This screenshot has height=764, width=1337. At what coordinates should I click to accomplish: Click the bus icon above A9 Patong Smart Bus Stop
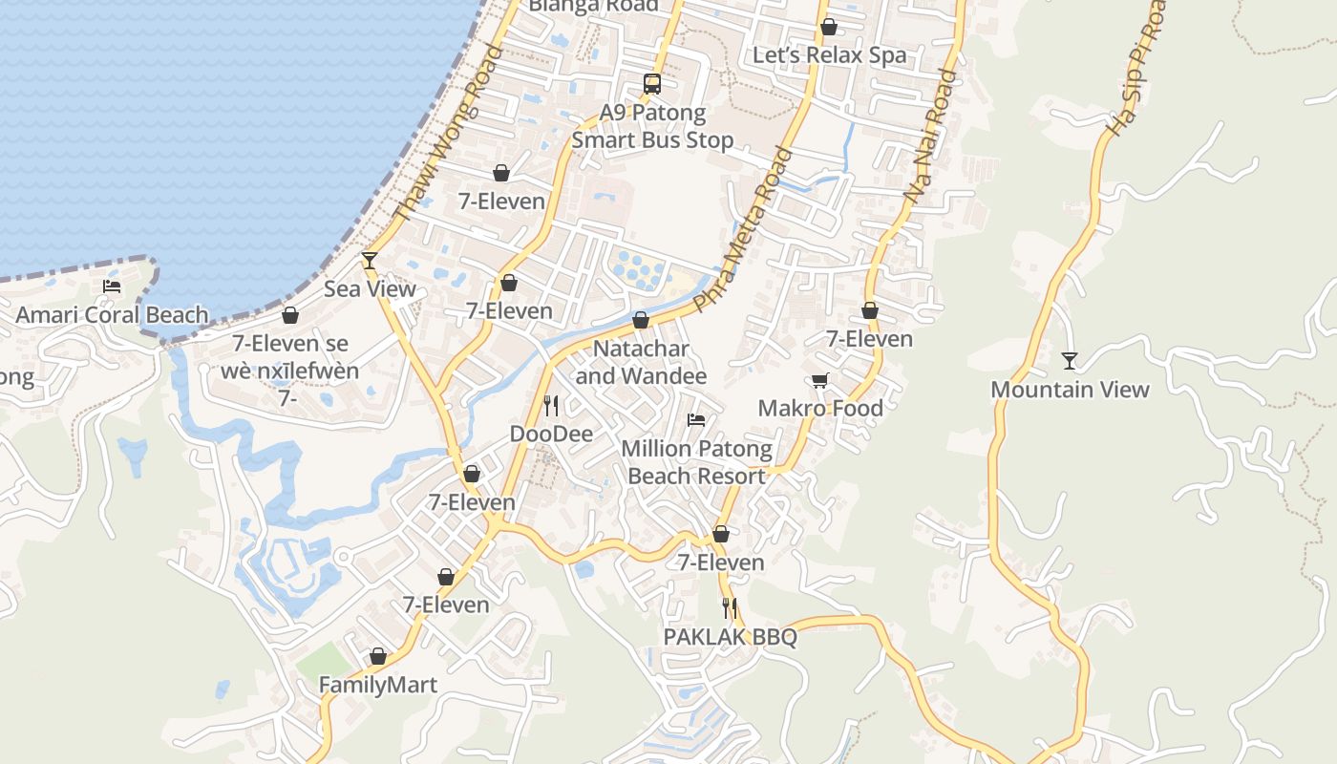tap(652, 84)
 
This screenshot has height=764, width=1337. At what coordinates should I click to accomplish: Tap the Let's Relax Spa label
tap(829, 55)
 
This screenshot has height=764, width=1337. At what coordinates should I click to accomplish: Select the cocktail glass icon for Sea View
tap(370, 260)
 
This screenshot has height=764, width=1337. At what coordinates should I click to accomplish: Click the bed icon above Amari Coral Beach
tap(112, 286)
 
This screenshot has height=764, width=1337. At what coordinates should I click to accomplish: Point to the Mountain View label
tap(1070, 390)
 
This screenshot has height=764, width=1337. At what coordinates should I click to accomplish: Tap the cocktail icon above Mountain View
tap(1070, 361)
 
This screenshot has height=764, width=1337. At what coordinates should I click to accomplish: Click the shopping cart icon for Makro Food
tap(819, 381)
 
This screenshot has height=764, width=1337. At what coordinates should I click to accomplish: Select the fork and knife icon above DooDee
tap(551, 406)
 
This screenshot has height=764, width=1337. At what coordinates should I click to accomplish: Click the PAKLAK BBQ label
tap(731, 637)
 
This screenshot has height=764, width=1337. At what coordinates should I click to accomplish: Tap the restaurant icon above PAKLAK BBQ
tap(730, 608)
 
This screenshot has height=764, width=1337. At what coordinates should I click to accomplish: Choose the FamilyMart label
tap(377, 685)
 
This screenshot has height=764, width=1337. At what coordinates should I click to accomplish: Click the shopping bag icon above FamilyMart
tap(378, 657)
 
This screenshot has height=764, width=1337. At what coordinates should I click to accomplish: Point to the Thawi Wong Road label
tap(448, 134)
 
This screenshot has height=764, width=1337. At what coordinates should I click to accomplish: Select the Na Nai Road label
tap(930, 136)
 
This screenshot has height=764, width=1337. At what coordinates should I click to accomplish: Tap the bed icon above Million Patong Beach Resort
tap(696, 420)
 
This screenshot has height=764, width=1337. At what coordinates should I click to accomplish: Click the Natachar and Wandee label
tap(641, 362)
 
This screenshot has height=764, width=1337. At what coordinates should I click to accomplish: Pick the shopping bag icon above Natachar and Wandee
tap(641, 320)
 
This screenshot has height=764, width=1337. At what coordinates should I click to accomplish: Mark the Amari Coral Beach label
tap(112, 315)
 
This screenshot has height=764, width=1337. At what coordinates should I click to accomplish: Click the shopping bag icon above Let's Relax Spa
tap(829, 28)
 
